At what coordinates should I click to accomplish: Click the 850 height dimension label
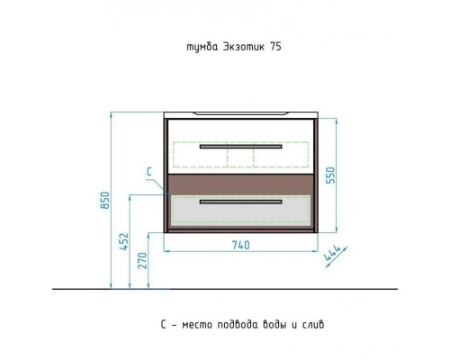tap(105, 200)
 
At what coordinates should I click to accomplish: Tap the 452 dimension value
tap(124, 241)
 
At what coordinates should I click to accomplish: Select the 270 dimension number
tap(143, 260)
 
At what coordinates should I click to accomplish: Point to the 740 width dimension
tap(240, 245)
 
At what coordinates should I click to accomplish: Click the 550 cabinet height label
tap(330, 175)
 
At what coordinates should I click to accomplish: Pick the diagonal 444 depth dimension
tap(332, 254)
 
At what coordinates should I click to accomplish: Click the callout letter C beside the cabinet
tap(149, 172)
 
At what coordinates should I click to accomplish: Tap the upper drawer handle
tap(241, 147)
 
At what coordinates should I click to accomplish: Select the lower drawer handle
tap(241, 202)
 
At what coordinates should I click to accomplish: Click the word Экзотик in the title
tap(244, 47)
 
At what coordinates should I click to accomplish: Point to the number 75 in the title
tap(275, 47)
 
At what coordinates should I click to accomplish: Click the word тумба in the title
tap(202, 47)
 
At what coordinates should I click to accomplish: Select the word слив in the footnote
tap(313, 325)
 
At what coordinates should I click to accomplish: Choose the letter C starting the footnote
tap(163, 325)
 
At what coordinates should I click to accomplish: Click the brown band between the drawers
tap(241, 184)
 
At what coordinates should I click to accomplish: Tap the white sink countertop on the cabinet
tap(241, 115)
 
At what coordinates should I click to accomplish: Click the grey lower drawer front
tap(241, 210)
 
